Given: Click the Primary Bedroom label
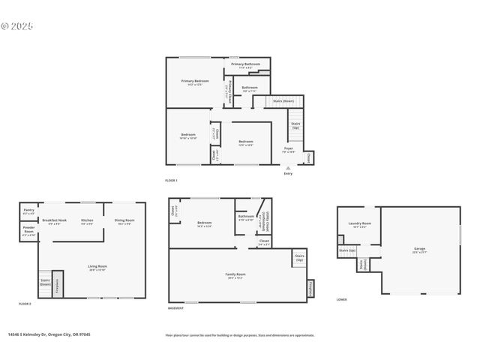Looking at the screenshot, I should click(x=194, y=81).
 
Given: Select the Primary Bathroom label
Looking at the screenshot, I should click(x=245, y=65).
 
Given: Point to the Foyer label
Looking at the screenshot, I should click(x=288, y=150).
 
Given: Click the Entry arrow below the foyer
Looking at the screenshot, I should click(x=288, y=169).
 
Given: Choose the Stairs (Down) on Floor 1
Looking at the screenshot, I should click(x=283, y=101).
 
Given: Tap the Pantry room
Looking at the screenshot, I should click(x=28, y=211).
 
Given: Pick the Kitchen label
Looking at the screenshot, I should click(x=87, y=221).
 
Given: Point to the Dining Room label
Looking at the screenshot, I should click(x=124, y=221).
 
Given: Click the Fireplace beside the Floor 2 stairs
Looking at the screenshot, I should click(x=57, y=286).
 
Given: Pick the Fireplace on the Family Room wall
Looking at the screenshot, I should click(x=310, y=288).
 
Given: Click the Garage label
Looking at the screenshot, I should click(x=419, y=250).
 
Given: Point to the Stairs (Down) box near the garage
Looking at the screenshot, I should click(x=362, y=265).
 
